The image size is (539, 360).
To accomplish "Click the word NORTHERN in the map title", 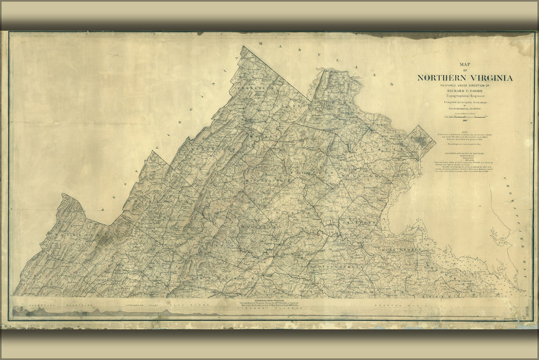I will [x=440, y=78].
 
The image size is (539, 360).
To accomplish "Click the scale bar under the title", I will [x=466, y=117].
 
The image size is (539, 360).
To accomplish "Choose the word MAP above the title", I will [x=464, y=65].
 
